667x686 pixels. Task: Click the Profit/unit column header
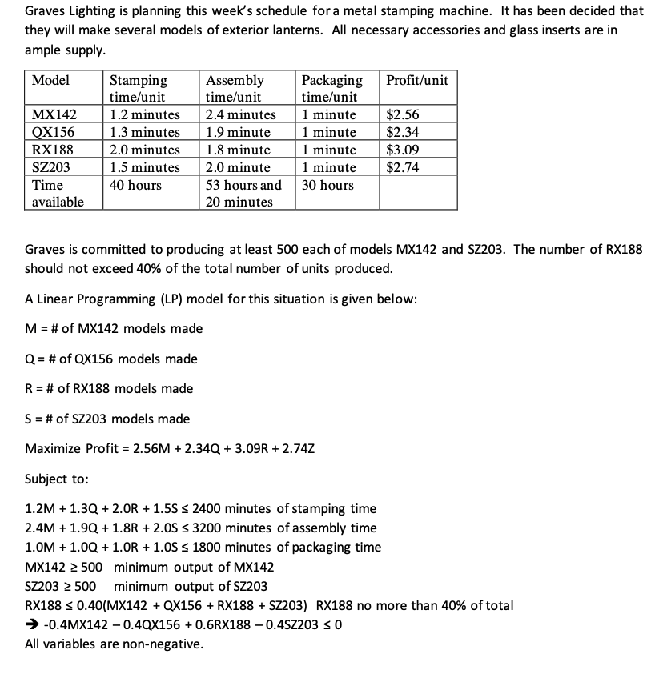[416, 80]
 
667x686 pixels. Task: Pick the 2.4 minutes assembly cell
[240, 115]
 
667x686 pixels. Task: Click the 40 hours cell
[135, 185]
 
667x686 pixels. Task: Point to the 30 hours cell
[327, 185]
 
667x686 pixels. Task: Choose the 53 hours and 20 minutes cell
[243, 193]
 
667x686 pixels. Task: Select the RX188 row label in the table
[47, 150]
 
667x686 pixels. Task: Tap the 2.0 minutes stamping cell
[144, 150]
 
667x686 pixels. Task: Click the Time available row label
[57, 193]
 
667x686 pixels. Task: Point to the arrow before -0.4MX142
[31, 625]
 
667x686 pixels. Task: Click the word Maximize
[53, 448]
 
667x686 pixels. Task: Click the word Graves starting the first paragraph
[45, 11]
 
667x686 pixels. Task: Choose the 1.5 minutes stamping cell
[144, 167]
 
